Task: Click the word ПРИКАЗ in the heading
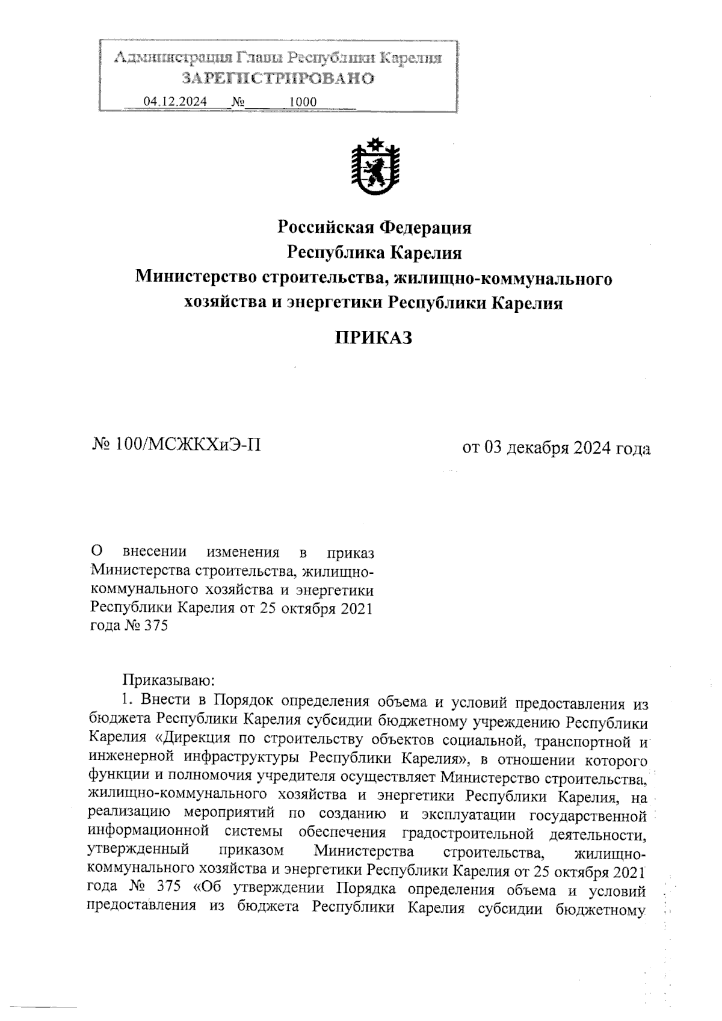373,338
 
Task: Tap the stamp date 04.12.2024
174,102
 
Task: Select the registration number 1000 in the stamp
303,102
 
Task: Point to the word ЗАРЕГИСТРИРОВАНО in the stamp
278,78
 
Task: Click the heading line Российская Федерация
374,228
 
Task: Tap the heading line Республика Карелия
374,253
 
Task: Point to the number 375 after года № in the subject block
155,626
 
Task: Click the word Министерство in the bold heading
196,279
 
